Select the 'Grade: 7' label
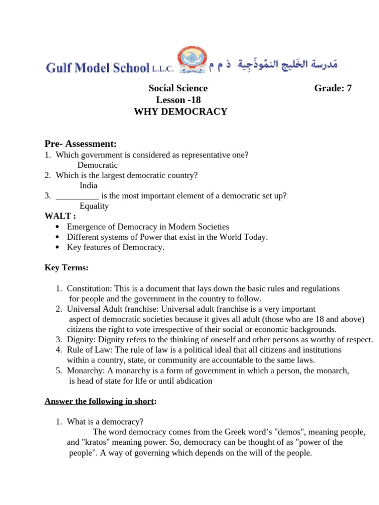[x=333, y=88]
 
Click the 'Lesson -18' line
[x=178, y=100]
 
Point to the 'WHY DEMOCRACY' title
[x=181, y=111]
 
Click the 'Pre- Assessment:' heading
[x=80, y=144]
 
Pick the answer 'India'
[x=88, y=185]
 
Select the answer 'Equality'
[x=94, y=206]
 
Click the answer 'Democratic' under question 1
[x=97, y=165]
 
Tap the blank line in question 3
[x=77, y=196]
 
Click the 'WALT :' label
[x=61, y=216]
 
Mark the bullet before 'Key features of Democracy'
[x=59, y=248]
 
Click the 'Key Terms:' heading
[x=67, y=267]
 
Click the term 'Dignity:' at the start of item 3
[x=81, y=339]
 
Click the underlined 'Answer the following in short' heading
[x=99, y=401]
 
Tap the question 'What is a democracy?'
[x=105, y=422]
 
